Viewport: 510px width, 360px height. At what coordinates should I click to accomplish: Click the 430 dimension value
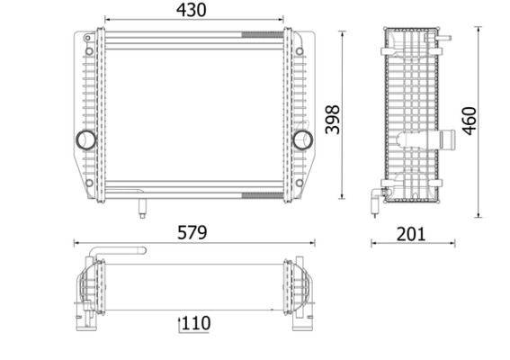[191, 10]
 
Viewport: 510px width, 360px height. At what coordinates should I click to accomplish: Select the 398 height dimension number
[333, 120]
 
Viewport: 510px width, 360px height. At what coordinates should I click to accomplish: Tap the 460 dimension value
[470, 121]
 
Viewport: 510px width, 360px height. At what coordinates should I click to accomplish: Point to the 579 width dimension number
[192, 232]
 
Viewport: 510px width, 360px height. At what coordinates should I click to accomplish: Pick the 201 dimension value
[411, 234]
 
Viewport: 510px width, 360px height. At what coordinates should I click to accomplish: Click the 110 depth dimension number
[196, 323]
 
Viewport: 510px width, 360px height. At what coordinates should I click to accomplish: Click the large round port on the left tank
[85, 139]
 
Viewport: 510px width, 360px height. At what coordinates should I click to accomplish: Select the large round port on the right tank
[303, 139]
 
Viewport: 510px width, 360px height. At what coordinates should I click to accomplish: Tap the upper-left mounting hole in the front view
[89, 51]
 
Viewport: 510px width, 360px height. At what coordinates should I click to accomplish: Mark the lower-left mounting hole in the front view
[89, 183]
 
